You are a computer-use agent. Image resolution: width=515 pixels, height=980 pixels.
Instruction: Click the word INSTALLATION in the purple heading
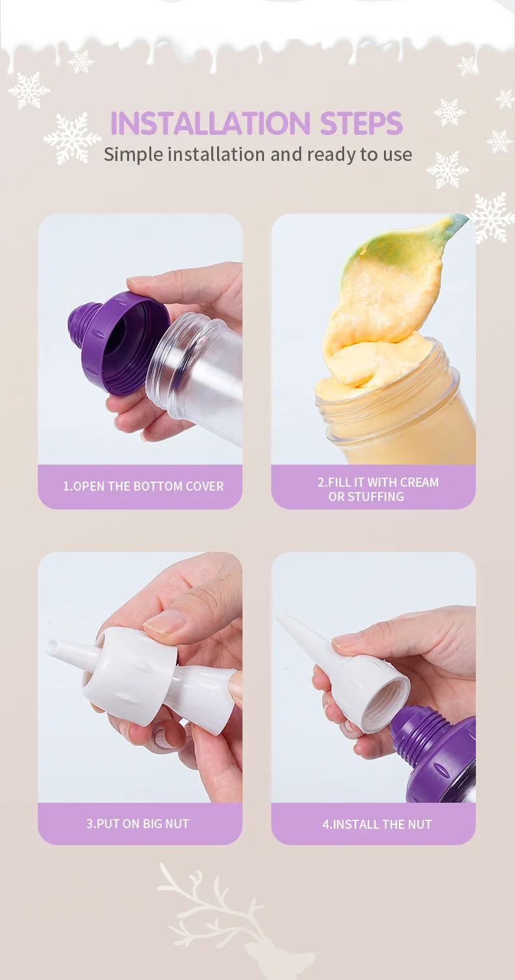tap(211, 123)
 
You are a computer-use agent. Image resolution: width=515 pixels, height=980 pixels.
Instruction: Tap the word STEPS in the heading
tap(361, 123)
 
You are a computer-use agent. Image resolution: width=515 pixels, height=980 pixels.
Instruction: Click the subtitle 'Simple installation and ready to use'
tap(257, 155)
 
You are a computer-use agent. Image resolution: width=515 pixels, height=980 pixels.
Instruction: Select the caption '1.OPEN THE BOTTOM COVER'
tap(143, 486)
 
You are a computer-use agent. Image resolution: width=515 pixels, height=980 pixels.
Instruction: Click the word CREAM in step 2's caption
tap(419, 482)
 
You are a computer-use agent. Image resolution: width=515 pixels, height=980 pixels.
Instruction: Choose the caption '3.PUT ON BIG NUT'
tap(138, 824)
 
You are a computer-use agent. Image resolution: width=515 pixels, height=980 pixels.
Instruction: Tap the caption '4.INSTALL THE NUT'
tap(377, 824)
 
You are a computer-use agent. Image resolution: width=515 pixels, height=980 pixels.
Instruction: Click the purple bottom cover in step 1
tap(117, 341)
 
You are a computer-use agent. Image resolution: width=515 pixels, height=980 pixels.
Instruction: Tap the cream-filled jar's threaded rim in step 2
tap(389, 394)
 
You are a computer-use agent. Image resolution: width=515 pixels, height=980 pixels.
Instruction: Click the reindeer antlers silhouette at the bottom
tap(210, 901)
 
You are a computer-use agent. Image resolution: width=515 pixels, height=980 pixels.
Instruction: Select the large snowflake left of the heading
tap(72, 138)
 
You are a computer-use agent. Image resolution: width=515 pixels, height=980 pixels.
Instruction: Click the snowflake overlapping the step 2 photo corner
tap(491, 217)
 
